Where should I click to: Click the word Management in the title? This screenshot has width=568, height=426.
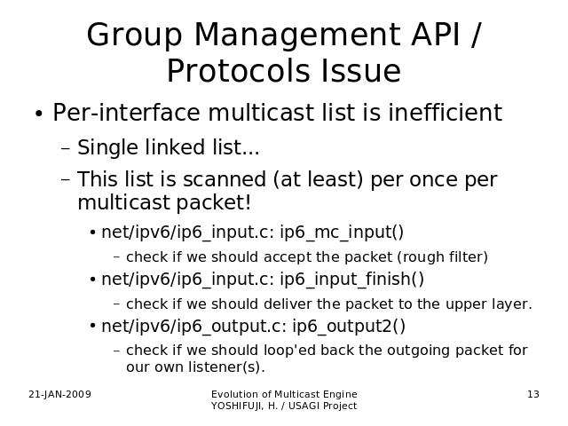(298, 35)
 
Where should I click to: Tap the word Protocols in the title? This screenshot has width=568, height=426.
(238, 71)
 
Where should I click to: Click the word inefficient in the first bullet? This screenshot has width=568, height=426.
(446, 113)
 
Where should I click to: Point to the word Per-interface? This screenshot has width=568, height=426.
(126, 113)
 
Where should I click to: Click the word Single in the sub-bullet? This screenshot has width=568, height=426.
(107, 148)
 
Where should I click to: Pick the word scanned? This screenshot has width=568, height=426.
(225, 179)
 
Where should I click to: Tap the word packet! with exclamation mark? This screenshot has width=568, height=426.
(213, 203)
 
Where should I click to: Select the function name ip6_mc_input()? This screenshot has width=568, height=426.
(342, 233)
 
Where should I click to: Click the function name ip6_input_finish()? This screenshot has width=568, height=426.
(351, 280)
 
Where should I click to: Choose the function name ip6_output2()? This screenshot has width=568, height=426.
(349, 326)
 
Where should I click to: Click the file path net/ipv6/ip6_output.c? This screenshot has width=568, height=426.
(194, 326)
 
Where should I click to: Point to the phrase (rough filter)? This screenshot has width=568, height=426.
(443, 257)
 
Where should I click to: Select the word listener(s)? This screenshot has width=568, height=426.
(226, 367)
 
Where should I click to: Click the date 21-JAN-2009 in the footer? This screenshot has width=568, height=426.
(59, 394)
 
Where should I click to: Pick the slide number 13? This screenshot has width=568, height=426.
(533, 394)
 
